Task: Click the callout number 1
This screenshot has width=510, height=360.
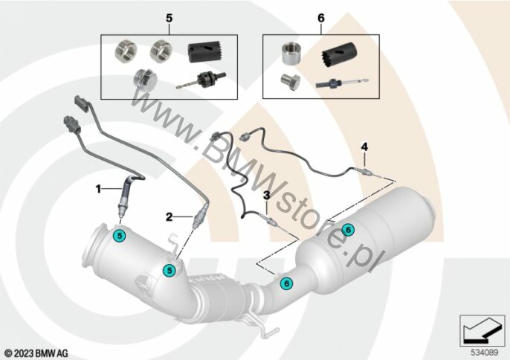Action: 98,189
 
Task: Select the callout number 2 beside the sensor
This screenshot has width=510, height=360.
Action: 170,216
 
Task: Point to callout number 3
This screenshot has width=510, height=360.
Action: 267,196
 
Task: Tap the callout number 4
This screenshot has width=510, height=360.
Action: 364,147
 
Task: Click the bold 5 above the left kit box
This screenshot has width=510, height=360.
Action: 170,19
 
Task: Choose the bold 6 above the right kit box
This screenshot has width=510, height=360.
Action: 321,19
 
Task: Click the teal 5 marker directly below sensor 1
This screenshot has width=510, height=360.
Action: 120,236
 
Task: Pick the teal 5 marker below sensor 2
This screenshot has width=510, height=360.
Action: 170,270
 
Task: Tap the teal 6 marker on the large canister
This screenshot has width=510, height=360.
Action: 348,230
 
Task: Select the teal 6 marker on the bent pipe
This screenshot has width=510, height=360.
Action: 286,283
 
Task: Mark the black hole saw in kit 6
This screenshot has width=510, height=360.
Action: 339,55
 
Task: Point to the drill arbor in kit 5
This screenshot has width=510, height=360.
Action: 201,80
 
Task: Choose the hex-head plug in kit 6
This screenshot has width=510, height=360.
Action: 290,82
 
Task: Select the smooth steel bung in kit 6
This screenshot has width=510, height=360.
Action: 291,54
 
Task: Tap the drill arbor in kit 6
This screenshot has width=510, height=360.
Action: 342,83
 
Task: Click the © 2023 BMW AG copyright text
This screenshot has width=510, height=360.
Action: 36,353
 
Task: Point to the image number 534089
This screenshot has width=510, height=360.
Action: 485,353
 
